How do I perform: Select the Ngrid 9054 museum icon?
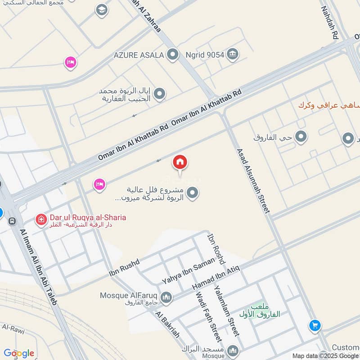(x=232, y=55)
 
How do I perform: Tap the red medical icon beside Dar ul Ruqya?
(x=41, y=220)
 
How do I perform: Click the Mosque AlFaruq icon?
(x=166, y=297)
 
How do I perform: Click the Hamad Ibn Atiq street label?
(x=216, y=277)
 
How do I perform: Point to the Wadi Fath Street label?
(x=208, y=316)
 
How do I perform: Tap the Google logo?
(x=19, y=353)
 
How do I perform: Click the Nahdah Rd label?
(x=329, y=22)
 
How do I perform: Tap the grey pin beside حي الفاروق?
(x=301, y=137)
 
